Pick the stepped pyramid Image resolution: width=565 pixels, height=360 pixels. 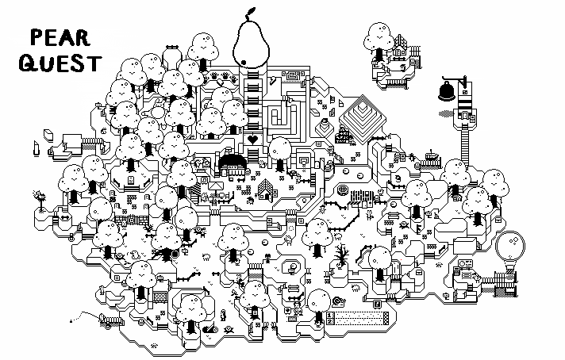pyautogui.click(x=363, y=113)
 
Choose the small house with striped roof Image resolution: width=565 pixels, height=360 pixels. pyautogui.click(x=265, y=189)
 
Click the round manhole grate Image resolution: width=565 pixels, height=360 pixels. pyautogui.click(x=343, y=191)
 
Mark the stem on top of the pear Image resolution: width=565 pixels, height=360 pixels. pyautogui.click(x=252, y=13)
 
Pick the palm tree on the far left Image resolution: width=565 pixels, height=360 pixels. pyautogui.click(x=37, y=195)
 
